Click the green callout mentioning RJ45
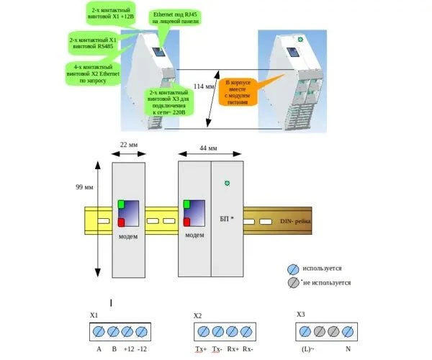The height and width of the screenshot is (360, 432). [x=176, y=18]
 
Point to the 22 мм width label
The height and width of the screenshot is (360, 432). [x=128, y=144]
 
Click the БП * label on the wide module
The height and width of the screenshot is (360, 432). [x=226, y=217]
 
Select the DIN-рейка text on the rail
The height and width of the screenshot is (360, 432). [x=296, y=222]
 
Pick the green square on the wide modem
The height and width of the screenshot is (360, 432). [x=187, y=204]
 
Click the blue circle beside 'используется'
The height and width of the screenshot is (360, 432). [x=293, y=268]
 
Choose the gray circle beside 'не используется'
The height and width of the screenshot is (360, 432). [x=293, y=283]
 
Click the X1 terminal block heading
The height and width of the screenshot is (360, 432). [x=94, y=316]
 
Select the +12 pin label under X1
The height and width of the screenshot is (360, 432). [x=128, y=350]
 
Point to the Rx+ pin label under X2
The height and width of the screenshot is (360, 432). [x=232, y=350]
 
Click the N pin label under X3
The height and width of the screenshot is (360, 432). [x=348, y=350]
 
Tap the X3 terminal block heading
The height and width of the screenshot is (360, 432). [x=301, y=315]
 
